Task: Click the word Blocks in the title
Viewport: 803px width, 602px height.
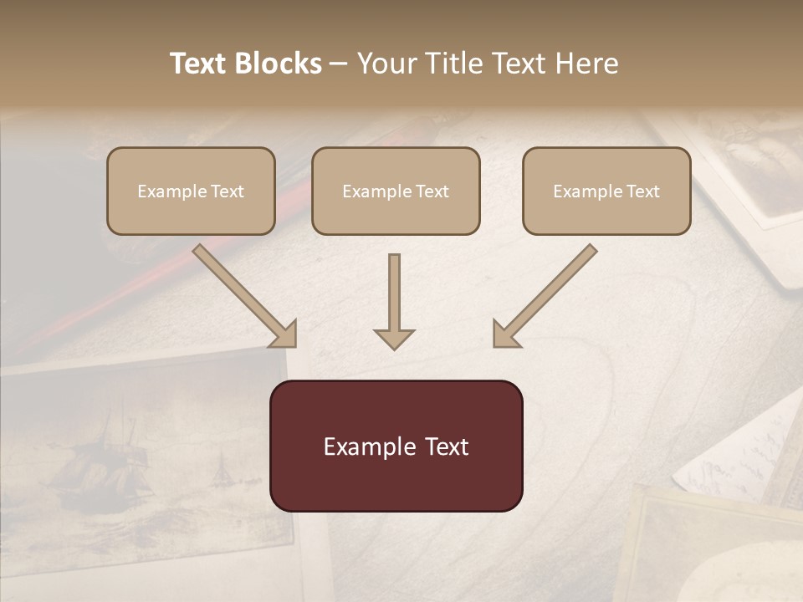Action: [x=279, y=64]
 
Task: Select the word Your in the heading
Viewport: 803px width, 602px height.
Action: [x=386, y=64]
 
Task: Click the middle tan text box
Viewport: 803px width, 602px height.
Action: [x=396, y=216]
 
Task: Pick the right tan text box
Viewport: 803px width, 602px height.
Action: [x=606, y=216]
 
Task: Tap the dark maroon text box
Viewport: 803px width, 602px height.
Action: [x=396, y=485]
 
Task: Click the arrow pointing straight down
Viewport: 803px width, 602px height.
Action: [x=394, y=293]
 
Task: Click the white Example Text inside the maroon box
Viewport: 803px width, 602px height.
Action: [x=396, y=446]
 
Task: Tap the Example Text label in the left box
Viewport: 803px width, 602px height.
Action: [x=191, y=191]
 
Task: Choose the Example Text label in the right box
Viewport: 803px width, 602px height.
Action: [x=606, y=191]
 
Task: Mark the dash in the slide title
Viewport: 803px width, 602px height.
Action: [x=339, y=64]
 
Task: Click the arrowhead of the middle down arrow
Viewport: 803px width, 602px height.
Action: [x=394, y=338]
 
